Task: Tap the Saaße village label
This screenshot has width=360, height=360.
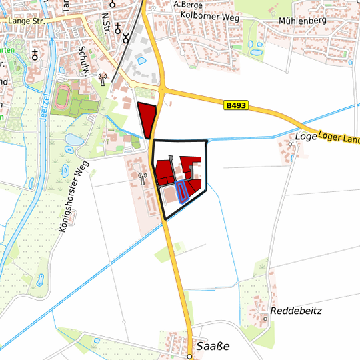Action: tap(213, 347)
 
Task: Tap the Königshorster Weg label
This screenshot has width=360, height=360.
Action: tap(73, 199)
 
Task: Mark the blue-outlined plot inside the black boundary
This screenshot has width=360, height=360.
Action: tap(181, 192)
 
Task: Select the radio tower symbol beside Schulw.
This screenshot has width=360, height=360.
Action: tap(102, 79)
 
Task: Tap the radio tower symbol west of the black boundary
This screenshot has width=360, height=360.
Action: tap(142, 178)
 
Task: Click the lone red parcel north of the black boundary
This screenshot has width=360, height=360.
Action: tap(147, 120)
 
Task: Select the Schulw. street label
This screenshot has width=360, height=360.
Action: tap(83, 59)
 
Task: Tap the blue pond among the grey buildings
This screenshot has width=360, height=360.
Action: tap(141, 61)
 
